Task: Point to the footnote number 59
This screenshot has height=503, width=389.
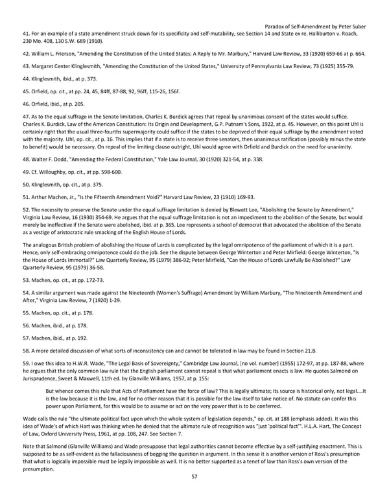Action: [27, 365]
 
